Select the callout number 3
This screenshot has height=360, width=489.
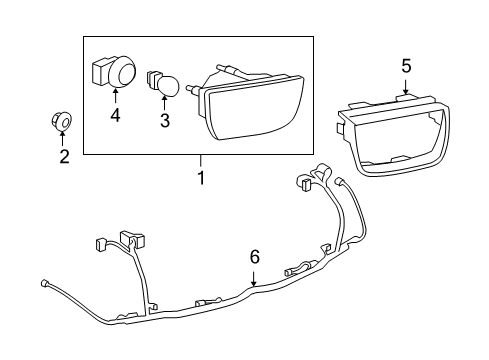pos(166,122)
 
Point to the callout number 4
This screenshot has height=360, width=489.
pos(115,116)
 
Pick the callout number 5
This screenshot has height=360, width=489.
pos(405,66)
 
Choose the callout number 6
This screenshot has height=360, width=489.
pos(254,257)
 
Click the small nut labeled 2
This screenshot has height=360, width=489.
pos(62,122)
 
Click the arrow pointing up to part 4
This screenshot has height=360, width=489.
pos(115,97)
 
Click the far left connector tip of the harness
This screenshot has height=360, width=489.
pos(44,281)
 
